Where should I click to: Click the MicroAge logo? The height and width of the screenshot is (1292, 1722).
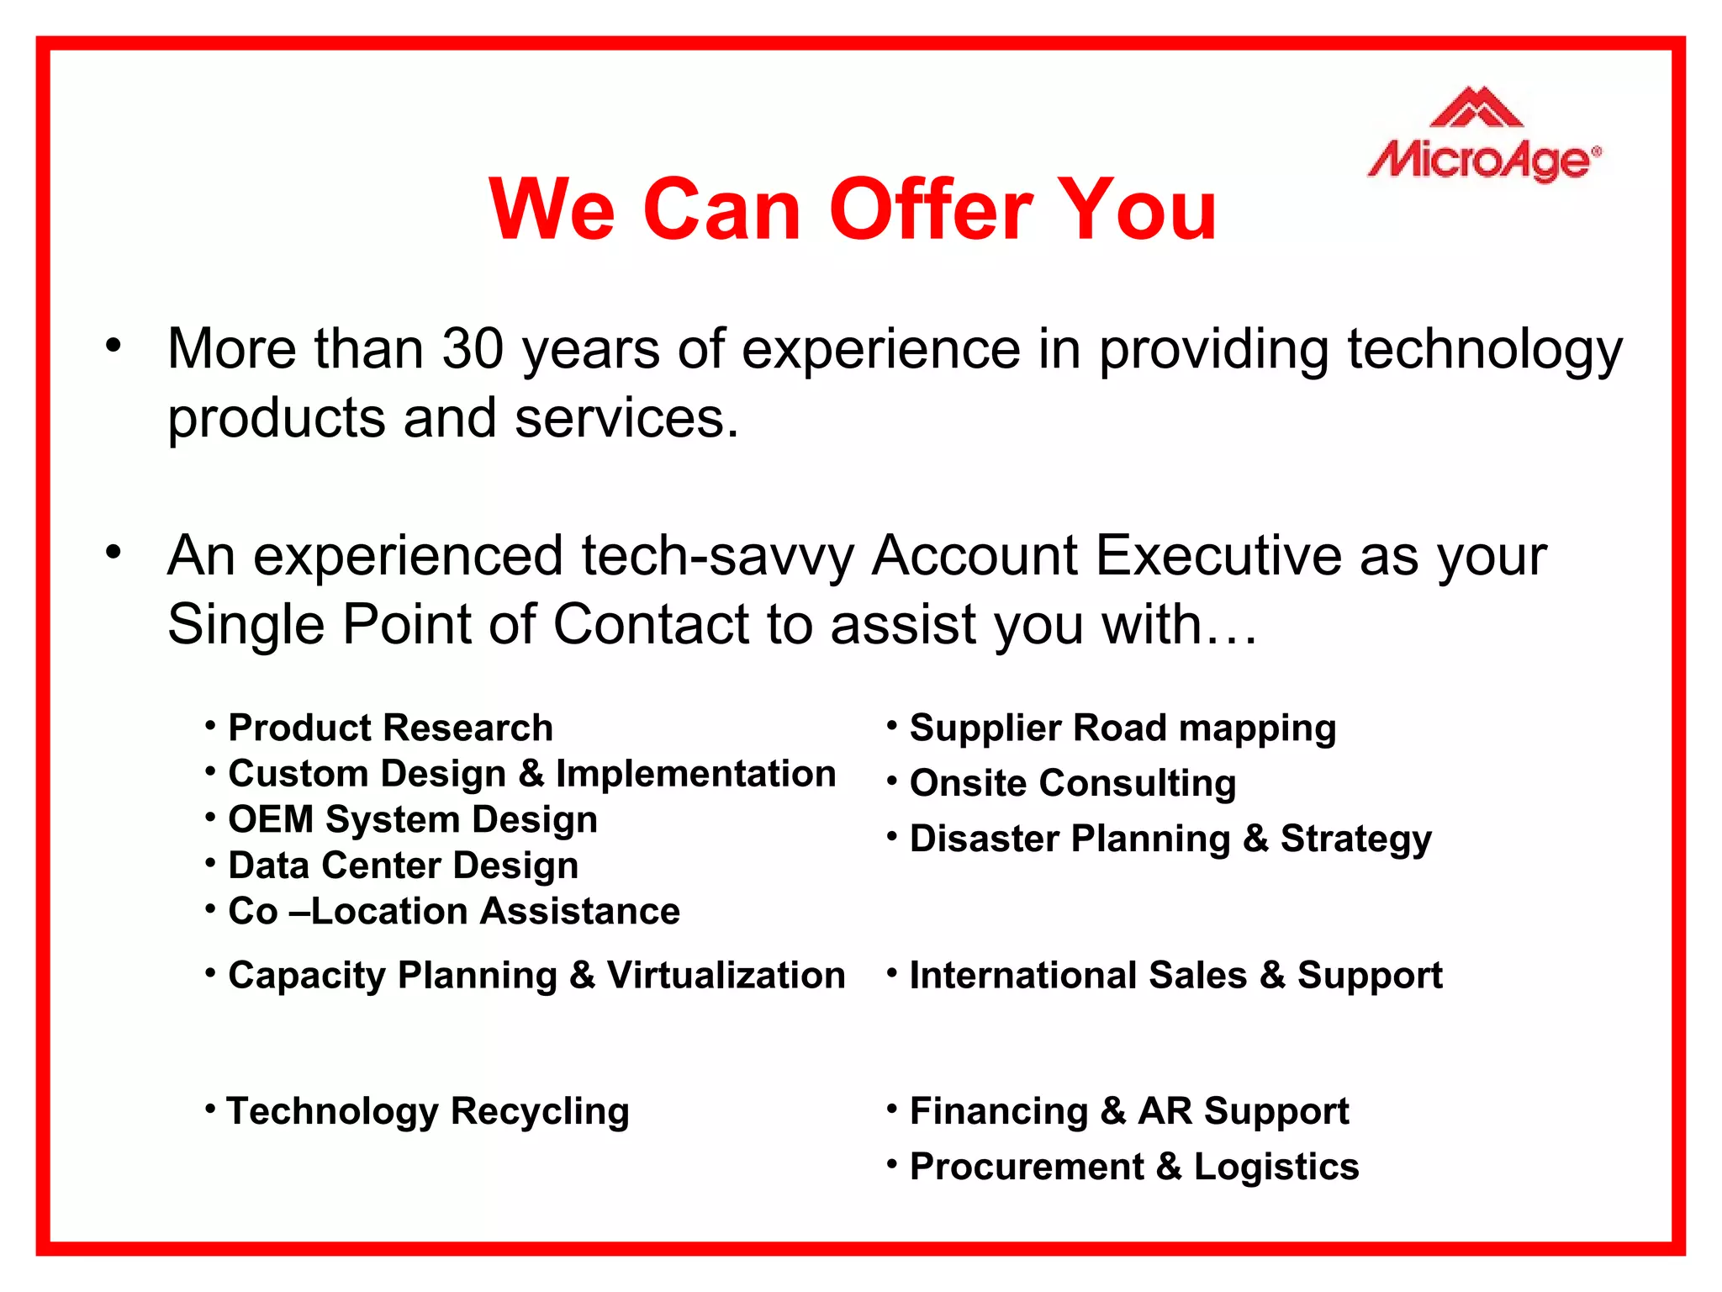point(1485,136)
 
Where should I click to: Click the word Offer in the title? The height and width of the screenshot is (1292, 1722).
point(931,210)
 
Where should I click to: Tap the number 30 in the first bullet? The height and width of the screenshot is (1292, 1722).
point(473,349)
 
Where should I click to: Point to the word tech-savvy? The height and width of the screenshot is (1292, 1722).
point(717,557)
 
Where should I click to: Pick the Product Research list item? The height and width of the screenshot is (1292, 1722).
point(390,728)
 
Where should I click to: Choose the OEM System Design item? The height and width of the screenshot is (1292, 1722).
point(412,820)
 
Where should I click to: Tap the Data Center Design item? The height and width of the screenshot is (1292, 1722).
point(403,866)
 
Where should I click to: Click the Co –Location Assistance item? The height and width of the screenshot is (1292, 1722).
point(453,912)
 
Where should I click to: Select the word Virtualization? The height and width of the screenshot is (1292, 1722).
point(726,976)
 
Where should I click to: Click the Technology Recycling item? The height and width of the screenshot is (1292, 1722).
point(427,1112)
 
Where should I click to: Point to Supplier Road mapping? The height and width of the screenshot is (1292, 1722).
point(1122,728)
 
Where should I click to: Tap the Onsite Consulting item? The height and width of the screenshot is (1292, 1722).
point(1072,784)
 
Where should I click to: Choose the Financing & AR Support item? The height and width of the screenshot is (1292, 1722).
point(1128,1112)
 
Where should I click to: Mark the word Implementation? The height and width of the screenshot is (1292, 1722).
point(695,774)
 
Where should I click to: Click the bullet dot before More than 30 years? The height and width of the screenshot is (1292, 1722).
point(114,345)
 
